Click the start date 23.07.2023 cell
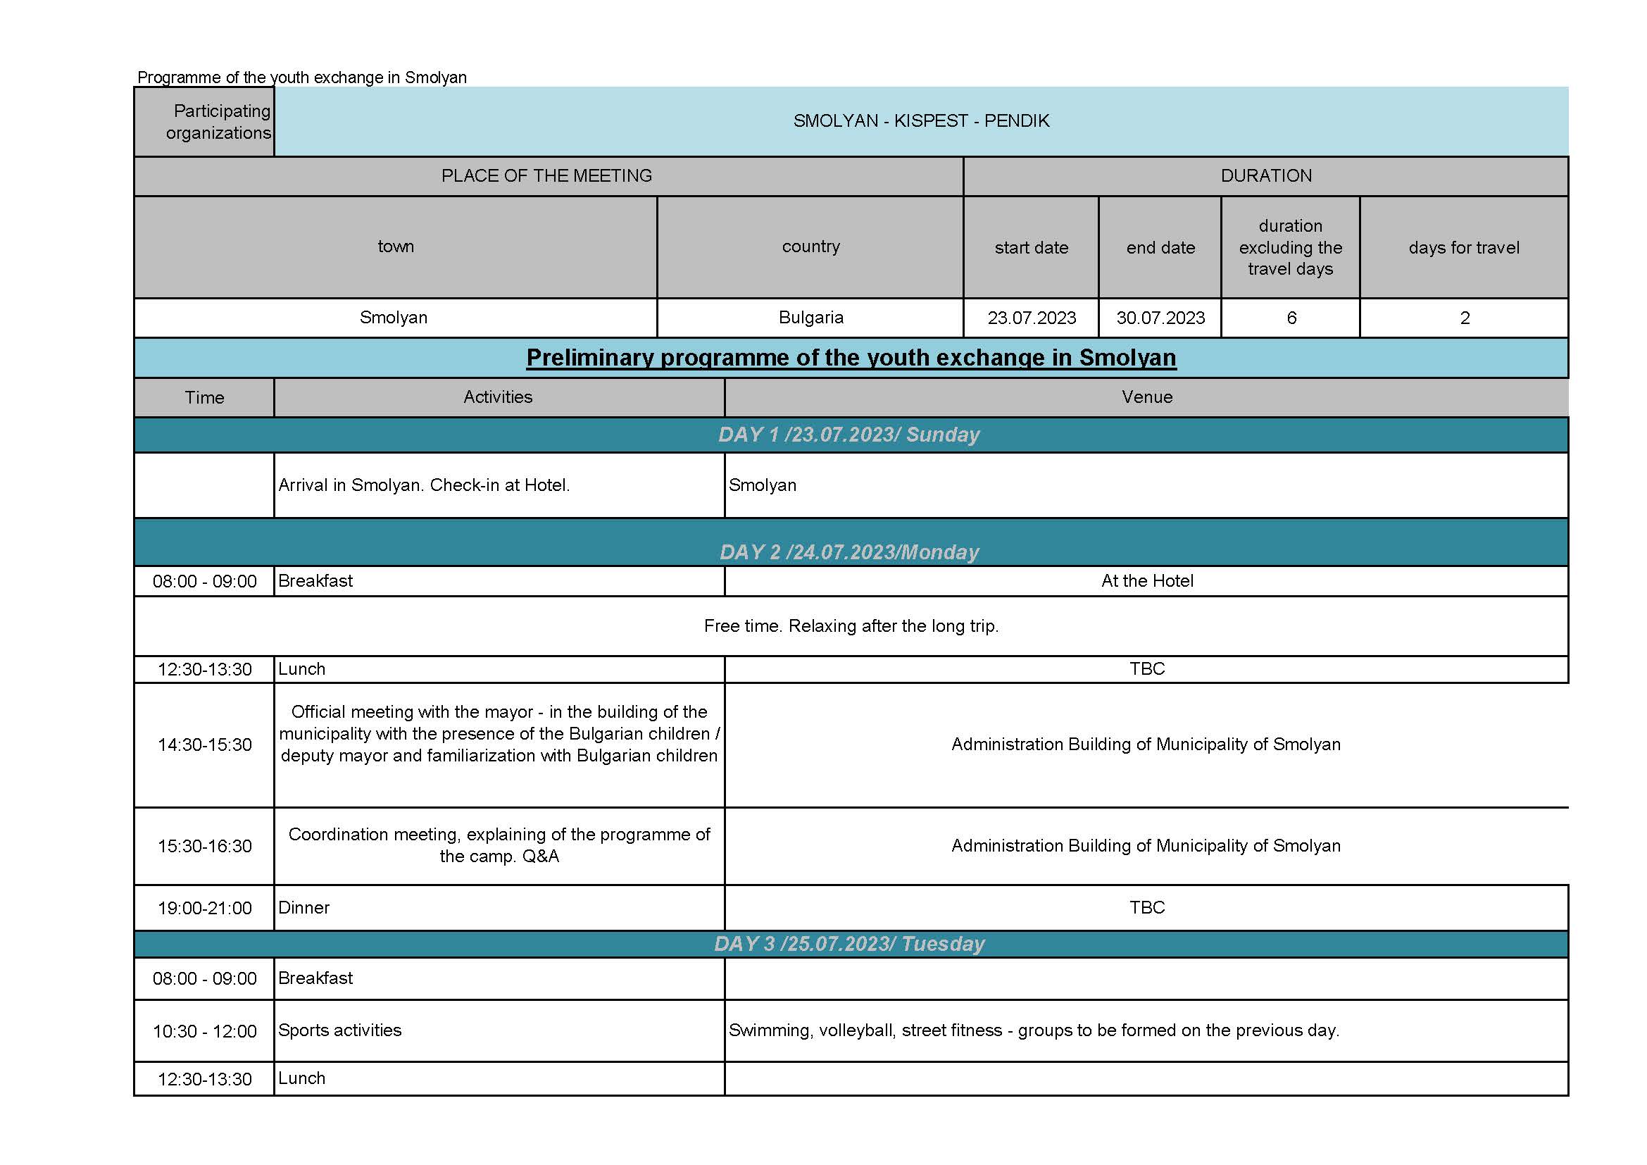click(x=1031, y=318)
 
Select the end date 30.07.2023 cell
click(x=1160, y=318)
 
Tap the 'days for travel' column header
click(x=1463, y=247)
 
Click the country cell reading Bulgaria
click(x=810, y=318)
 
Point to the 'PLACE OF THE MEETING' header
click(x=546, y=176)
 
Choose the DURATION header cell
click(x=1265, y=176)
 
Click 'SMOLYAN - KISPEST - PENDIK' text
click(x=921, y=120)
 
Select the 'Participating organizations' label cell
click(x=205, y=121)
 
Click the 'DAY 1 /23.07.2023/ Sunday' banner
click(x=849, y=435)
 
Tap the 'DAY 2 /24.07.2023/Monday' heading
click(x=849, y=552)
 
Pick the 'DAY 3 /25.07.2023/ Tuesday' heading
click(x=849, y=943)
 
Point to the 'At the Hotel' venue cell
click(x=1146, y=581)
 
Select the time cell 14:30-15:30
click(x=204, y=745)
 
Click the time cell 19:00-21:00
click(x=204, y=908)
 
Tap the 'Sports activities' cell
click(x=340, y=1030)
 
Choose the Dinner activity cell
click(x=304, y=907)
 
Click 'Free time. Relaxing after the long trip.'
click(x=851, y=626)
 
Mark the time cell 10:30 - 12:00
click(x=204, y=1032)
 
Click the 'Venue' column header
click(x=1146, y=397)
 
